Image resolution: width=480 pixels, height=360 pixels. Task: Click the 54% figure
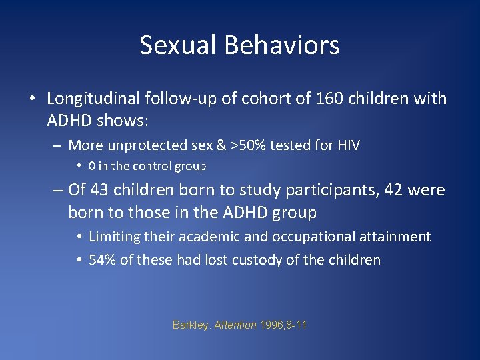pos(102,260)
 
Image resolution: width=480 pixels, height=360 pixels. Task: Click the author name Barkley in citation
pos(191,325)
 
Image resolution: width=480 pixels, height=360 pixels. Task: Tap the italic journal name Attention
pos(235,325)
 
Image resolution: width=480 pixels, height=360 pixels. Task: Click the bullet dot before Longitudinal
pos(32,99)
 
